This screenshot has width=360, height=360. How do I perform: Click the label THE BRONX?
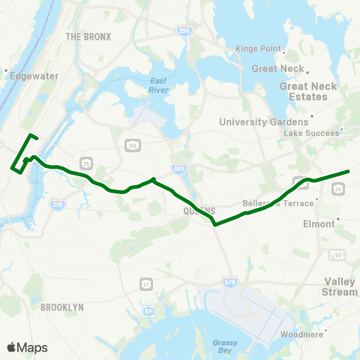pyautogui.click(x=88, y=36)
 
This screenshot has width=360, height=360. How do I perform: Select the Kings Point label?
pyautogui.click(x=257, y=49)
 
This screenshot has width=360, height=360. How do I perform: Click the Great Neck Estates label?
pyautogui.click(x=309, y=91)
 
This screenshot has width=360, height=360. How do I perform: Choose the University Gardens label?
pyautogui.click(x=263, y=121)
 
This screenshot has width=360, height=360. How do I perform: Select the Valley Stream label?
pyautogui.click(x=340, y=286)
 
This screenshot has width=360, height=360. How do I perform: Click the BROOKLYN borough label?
pyautogui.click(x=61, y=307)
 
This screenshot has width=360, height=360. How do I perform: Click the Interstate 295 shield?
pyautogui.click(x=184, y=31)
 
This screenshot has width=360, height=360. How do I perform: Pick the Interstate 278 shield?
pyautogui.click(x=58, y=203)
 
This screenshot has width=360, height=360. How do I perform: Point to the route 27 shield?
pyautogui.click(x=145, y=283)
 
